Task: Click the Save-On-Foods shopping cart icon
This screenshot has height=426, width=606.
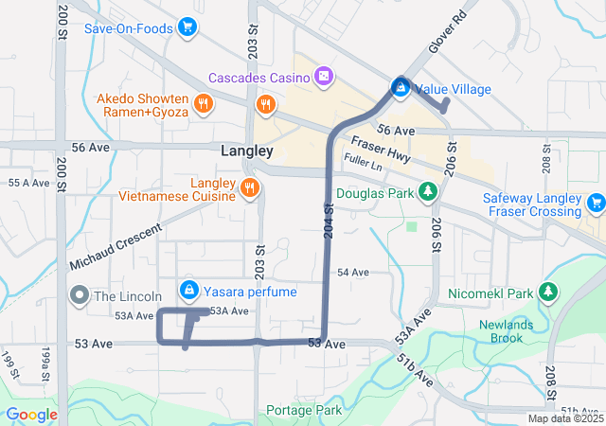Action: (x=187, y=28)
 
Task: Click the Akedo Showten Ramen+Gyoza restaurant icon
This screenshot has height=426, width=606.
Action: (x=202, y=104)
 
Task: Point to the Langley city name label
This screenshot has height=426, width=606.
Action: (x=246, y=151)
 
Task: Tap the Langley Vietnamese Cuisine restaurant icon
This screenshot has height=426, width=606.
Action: (x=250, y=187)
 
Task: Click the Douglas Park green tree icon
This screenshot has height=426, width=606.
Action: (x=428, y=193)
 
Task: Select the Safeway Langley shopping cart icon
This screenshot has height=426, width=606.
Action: (x=596, y=202)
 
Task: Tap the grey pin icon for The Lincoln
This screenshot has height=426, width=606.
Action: (x=79, y=296)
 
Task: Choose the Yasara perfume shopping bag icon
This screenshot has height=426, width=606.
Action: (x=189, y=290)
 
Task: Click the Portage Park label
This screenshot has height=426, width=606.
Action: (x=303, y=411)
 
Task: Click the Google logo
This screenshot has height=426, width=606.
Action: (x=32, y=414)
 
